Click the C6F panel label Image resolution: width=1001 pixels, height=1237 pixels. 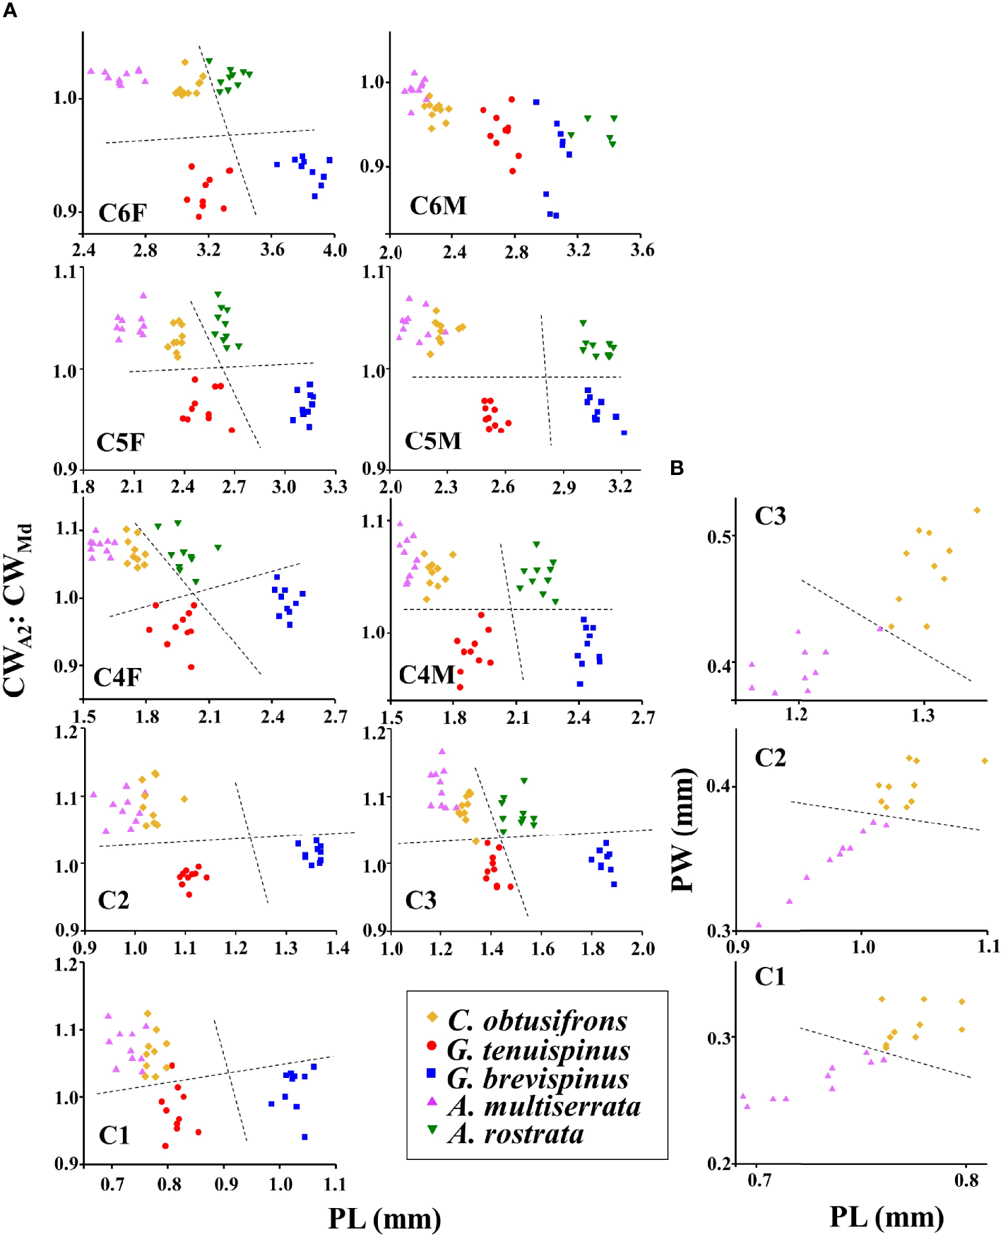click(122, 213)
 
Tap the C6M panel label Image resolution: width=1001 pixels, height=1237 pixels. click(438, 206)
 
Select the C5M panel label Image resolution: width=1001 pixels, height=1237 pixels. click(432, 440)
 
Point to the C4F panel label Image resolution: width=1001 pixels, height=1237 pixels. click(117, 677)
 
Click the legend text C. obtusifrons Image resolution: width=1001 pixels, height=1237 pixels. click(537, 1020)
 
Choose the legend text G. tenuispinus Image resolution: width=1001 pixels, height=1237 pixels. click(538, 1050)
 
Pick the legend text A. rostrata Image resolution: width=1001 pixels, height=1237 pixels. click(516, 1133)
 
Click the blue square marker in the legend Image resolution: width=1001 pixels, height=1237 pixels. click(432, 1072)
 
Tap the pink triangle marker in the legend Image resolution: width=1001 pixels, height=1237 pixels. click(432, 1101)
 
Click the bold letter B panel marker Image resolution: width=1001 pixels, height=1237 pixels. click(677, 467)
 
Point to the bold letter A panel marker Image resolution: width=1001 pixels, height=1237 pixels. click(10, 11)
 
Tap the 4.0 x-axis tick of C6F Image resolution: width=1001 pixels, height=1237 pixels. click(335, 250)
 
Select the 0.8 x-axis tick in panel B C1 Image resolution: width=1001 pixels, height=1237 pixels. click(966, 1180)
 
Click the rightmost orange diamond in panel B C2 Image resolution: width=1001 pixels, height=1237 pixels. click(985, 761)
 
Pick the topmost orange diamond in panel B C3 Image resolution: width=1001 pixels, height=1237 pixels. click(977, 510)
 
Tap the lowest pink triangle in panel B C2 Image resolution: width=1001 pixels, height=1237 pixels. click(759, 924)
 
